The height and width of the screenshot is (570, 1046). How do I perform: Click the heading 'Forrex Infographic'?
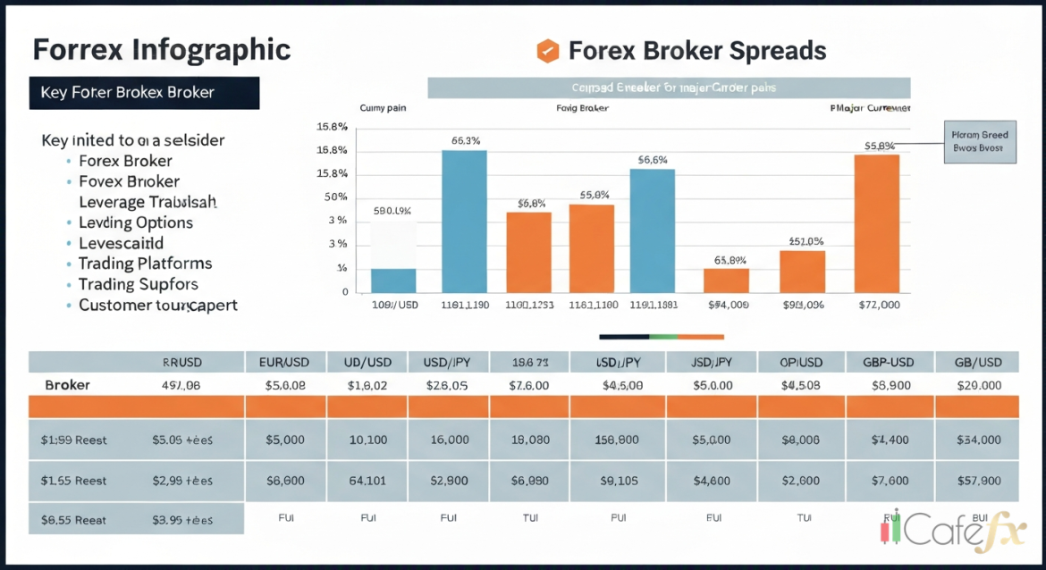[x=162, y=49]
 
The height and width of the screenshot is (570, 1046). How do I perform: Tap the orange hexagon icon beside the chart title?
[x=547, y=51]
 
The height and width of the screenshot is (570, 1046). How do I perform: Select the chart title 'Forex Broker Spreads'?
[x=697, y=51]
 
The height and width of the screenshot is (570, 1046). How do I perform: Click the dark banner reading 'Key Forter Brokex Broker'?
[x=144, y=93]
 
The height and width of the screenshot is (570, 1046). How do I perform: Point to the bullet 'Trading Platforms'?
[x=145, y=264]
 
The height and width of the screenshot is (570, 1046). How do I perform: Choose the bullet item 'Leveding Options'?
[x=135, y=222]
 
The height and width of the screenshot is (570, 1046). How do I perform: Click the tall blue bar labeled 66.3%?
[x=465, y=221]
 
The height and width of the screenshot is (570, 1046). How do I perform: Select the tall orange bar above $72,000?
[x=877, y=223]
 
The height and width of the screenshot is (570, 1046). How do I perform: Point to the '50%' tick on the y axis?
[x=335, y=197]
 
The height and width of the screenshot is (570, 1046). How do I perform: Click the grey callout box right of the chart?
[x=980, y=142]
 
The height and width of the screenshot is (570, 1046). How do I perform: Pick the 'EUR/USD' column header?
[x=285, y=362]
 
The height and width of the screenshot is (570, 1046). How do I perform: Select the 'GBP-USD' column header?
[x=889, y=362]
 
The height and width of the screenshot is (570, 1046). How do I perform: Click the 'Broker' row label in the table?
[x=67, y=385]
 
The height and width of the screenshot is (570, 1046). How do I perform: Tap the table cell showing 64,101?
[x=367, y=481]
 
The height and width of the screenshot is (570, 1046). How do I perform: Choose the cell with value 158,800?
[x=616, y=440]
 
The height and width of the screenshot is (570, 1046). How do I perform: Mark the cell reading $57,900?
[x=977, y=481]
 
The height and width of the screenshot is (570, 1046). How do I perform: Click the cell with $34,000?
[x=977, y=440]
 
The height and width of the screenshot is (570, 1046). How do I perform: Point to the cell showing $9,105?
[x=616, y=481]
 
